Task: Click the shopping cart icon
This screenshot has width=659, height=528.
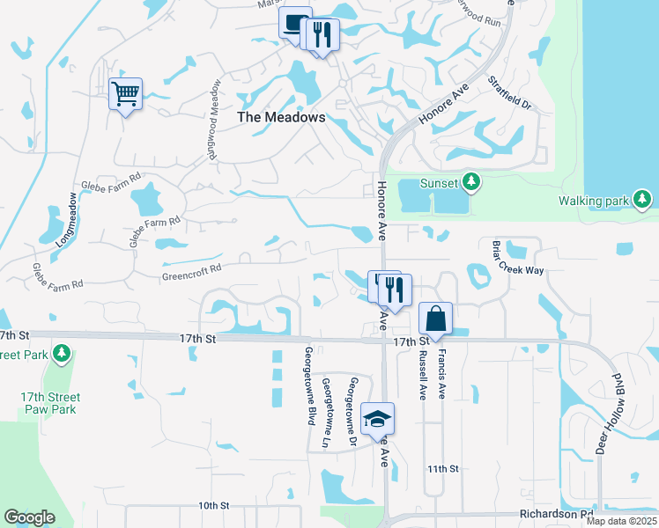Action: click(125, 92)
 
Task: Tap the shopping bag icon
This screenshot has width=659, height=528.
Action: click(435, 317)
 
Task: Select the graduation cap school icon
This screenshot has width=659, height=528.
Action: click(377, 418)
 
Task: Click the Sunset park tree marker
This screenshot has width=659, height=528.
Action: click(471, 182)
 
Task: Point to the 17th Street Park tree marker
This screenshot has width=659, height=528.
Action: click(61, 354)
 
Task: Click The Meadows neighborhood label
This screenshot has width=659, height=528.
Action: click(281, 117)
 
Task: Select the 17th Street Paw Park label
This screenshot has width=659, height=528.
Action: click(48, 403)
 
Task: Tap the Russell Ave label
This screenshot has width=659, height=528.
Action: click(423, 375)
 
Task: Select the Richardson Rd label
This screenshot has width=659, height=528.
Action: click(556, 514)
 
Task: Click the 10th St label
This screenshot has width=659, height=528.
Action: click(213, 506)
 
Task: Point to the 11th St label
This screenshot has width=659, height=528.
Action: click(441, 469)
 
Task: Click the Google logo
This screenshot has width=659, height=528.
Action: click(29, 517)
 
